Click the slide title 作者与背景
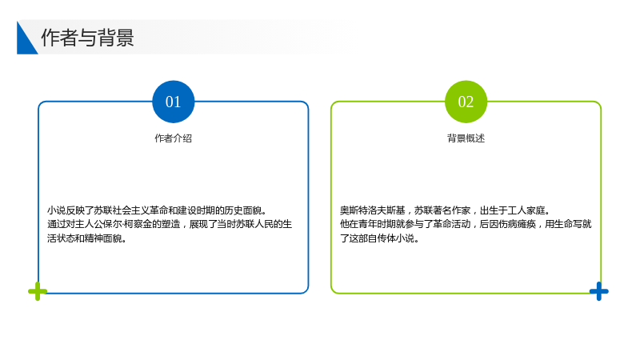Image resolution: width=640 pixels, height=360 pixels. coord(87,38)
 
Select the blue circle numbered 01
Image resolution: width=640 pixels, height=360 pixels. coord(173,102)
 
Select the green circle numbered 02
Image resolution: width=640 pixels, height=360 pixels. coord(466,102)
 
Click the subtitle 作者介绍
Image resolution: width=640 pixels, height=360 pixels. coord(173,138)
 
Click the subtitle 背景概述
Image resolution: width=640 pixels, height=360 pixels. coord(466,138)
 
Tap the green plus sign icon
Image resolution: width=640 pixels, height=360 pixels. coord(38,291)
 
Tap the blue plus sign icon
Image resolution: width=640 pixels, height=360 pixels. coord(598,291)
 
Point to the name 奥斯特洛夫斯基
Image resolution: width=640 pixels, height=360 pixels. coord(372,210)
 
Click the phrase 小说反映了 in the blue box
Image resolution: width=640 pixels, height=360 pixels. coord(70,210)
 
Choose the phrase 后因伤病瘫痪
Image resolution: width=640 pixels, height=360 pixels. coord(508,224)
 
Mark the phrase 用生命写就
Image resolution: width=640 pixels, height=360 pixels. coord(568,224)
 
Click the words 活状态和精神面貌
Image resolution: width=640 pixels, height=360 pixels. coord(85,238)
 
